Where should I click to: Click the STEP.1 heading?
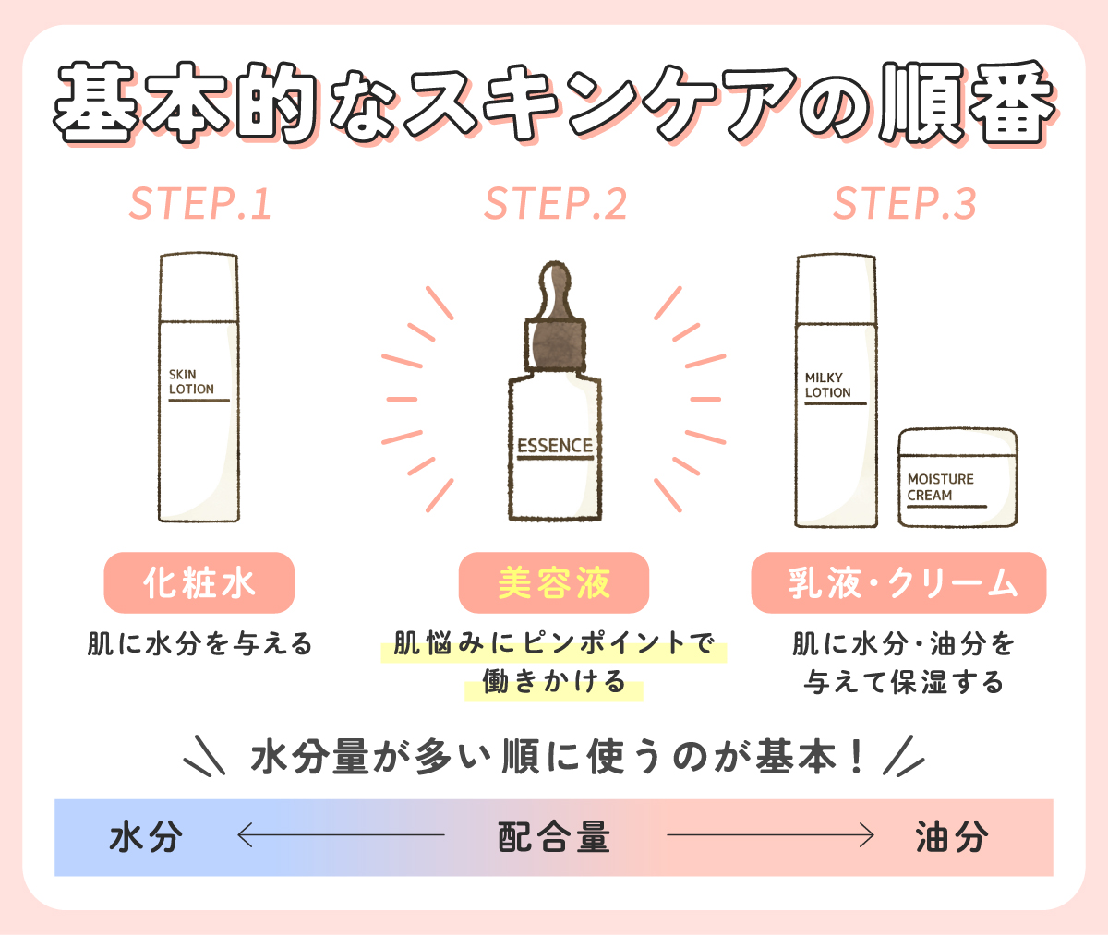pos(200,204)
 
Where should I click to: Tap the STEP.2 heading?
pos(555,204)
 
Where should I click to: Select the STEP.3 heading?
pos(904,204)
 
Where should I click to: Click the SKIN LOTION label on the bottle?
pos(191,382)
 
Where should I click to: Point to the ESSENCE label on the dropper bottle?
pos(554,447)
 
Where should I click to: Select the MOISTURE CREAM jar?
pos(957,478)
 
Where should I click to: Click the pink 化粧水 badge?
pos(199,583)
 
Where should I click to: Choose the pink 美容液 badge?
pos(554,583)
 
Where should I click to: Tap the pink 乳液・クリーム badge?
pos(898,583)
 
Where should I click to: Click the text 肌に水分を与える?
pos(199,643)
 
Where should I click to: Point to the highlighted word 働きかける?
pos(554,683)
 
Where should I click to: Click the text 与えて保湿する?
pos(903,683)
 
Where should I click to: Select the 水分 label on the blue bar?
pos(146,837)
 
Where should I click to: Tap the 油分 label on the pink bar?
pos(952,837)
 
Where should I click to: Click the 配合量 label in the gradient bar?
pos(554,837)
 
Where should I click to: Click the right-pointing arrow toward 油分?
pos(770,836)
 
